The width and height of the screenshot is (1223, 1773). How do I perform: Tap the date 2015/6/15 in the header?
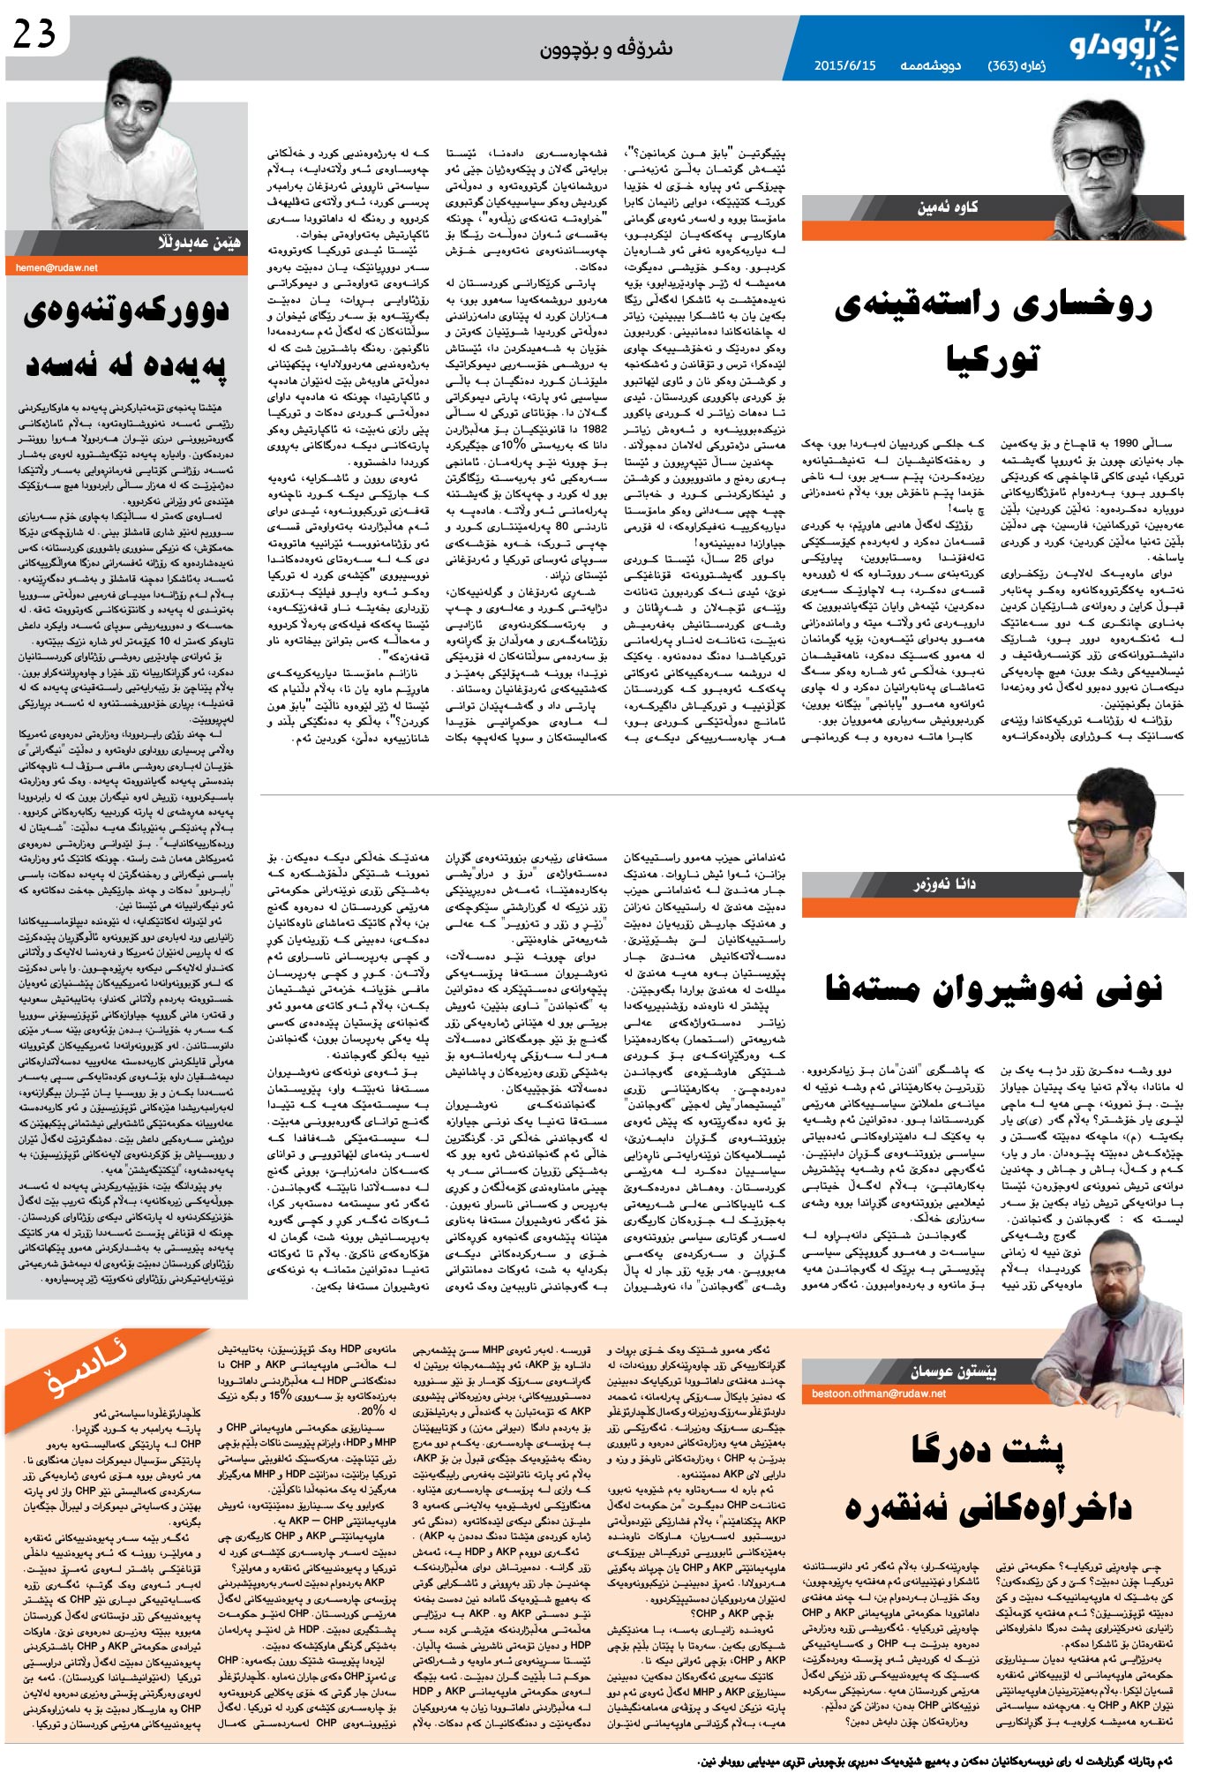click(844, 66)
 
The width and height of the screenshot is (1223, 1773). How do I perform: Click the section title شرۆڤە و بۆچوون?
click(606, 49)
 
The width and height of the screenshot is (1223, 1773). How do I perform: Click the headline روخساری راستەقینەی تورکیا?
click(993, 331)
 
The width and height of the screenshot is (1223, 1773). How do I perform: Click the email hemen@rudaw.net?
click(56, 267)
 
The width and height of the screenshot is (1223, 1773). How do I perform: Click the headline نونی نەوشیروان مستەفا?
click(993, 989)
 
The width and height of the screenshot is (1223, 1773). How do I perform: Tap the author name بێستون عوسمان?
click(954, 1371)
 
